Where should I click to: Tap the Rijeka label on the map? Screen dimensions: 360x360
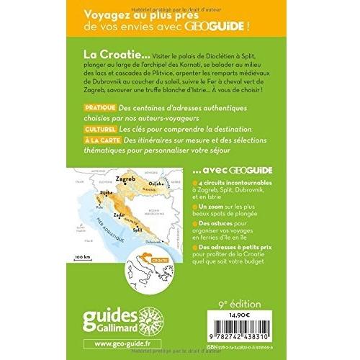point(107,213)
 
